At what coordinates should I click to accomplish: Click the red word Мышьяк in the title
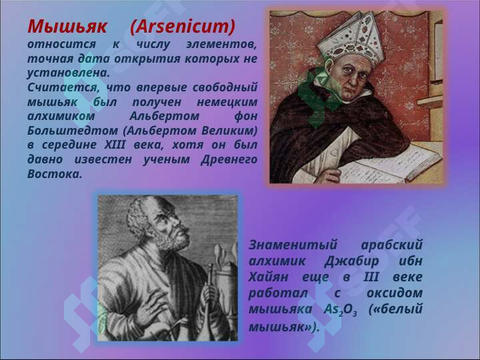(x=67, y=26)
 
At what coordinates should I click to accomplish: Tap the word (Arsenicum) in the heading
(x=183, y=27)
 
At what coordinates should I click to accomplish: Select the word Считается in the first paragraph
(x=63, y=88)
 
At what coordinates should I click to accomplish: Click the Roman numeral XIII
(x=115, y=145)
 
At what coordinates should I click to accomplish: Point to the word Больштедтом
(x=73, y=131)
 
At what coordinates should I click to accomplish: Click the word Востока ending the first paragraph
(x=55, y=174)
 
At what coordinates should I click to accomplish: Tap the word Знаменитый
(x=293, y=245)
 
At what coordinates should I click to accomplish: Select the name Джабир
(x=351, y=261)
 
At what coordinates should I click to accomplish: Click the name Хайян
(x=268, y=277)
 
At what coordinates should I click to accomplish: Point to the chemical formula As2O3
(x=341, y=310)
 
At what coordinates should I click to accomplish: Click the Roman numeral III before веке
(x=371, y=277)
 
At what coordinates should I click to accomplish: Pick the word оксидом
(x=395, y=293)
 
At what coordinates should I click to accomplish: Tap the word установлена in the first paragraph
(x=69, y=73)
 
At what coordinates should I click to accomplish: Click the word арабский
(x=392, y=245)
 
